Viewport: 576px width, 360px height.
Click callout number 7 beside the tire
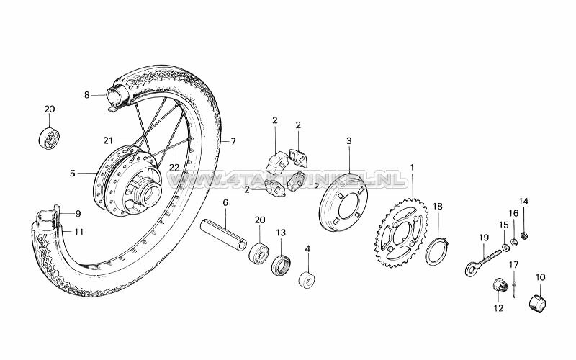tap(233, 141)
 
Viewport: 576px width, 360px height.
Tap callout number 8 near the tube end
tap(86, 94)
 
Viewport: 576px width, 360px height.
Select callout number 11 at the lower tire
tap(79, 232)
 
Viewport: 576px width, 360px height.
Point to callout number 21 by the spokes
tap(108, 140)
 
